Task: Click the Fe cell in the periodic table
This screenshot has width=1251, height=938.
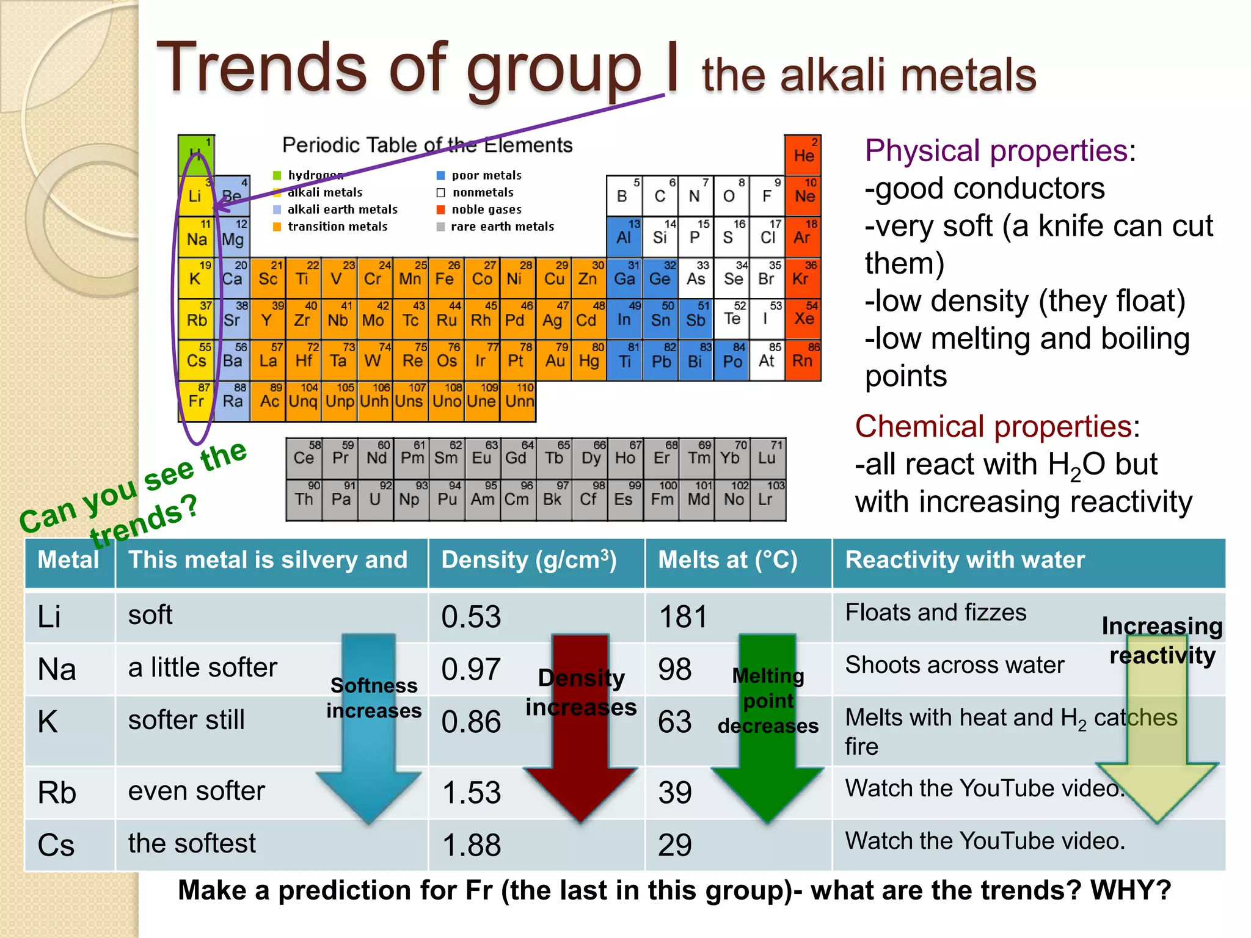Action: tap(446, 278)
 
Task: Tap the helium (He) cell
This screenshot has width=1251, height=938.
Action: tap(803, 155)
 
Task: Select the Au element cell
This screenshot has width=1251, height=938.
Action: tap(554, 360)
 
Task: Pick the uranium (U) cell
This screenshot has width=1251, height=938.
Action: tap(376, 500)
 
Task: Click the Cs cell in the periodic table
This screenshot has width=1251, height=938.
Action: tap(196, 360)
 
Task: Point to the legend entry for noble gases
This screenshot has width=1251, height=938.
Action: tap(486, 209)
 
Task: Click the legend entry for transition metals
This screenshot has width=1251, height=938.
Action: tap(337, 227)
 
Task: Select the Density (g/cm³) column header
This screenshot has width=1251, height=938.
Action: tap(529, 560)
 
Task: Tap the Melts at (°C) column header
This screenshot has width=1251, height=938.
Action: tap(728, 560)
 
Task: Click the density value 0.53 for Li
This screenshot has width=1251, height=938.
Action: tap(471, 617)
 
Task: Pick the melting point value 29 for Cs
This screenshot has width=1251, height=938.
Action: tap(675, 845)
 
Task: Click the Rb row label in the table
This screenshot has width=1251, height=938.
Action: tap(57, 793)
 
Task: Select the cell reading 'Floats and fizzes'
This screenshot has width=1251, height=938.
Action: tap(935, 613)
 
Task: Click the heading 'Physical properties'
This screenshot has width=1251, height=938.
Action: tap(996, 151)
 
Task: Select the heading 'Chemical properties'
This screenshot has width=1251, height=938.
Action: tap(993, 426)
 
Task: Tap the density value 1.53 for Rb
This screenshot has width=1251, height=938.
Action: tap(471, 793)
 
